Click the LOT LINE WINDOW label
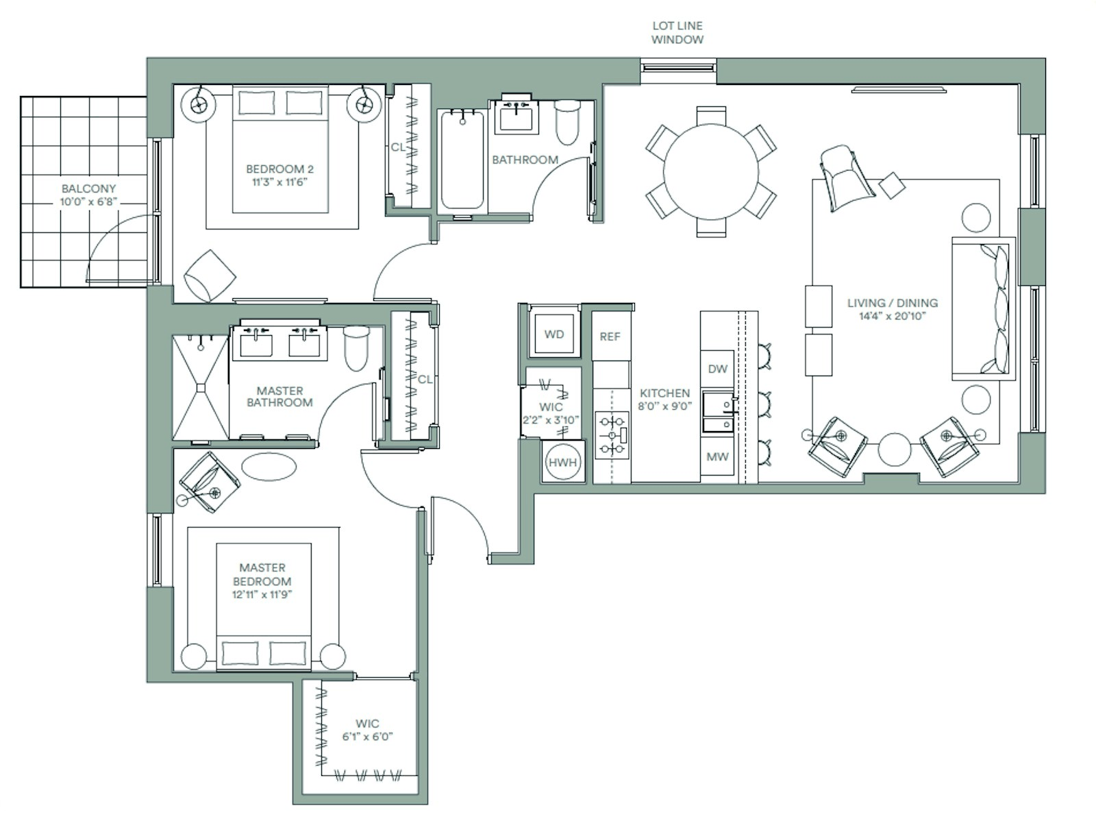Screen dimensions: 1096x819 tap(677, 32)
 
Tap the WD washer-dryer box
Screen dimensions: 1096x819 tap(553, 334)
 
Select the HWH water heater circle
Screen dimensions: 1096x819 tap(563, 462)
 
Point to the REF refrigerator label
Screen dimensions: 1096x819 tap(610, 337)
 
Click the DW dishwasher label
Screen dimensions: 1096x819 tap(717, 369)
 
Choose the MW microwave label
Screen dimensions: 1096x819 tap(717, 456)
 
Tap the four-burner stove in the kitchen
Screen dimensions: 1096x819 tap(612, 435)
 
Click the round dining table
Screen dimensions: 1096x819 tap(710, 172)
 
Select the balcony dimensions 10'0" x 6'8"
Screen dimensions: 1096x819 tap(88, 201)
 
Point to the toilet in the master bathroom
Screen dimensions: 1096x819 tap(356, 347)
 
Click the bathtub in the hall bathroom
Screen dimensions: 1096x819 tap(462, 160)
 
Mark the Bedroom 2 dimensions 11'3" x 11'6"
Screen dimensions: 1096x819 tap(279, 182)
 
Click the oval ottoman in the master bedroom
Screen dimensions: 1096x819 tap(269, 467)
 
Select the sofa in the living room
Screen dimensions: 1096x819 tap(983, 308)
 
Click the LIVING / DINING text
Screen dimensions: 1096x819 tap(893, 303)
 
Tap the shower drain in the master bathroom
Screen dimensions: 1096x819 tap(201, 388)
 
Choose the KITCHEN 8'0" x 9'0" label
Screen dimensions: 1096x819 tap(664, 400)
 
